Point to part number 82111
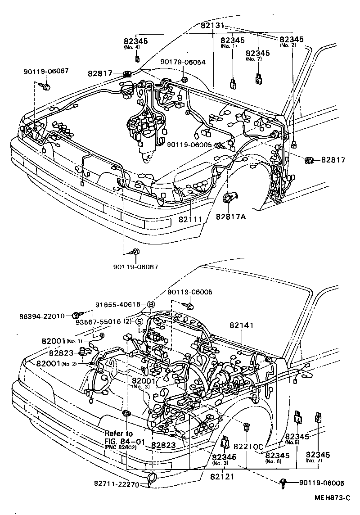(190, 219)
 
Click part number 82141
(242, 325)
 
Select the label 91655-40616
(118, 304)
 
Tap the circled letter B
(151, 304)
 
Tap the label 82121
(222, 475)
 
